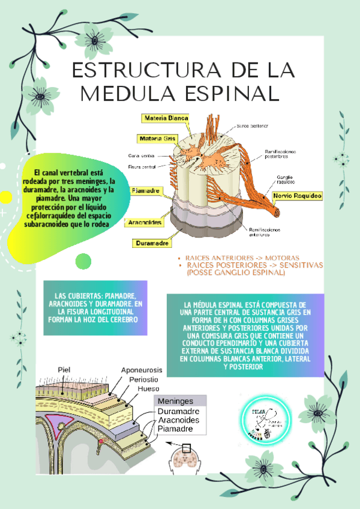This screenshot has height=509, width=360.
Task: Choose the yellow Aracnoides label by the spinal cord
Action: [x=145, y=222]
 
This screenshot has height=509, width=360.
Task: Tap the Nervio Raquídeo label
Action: [x=298, y=196]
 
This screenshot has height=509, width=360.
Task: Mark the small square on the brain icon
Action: [x=187, y=448]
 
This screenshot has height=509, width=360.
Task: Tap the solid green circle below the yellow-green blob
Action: [x=83, y=261]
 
